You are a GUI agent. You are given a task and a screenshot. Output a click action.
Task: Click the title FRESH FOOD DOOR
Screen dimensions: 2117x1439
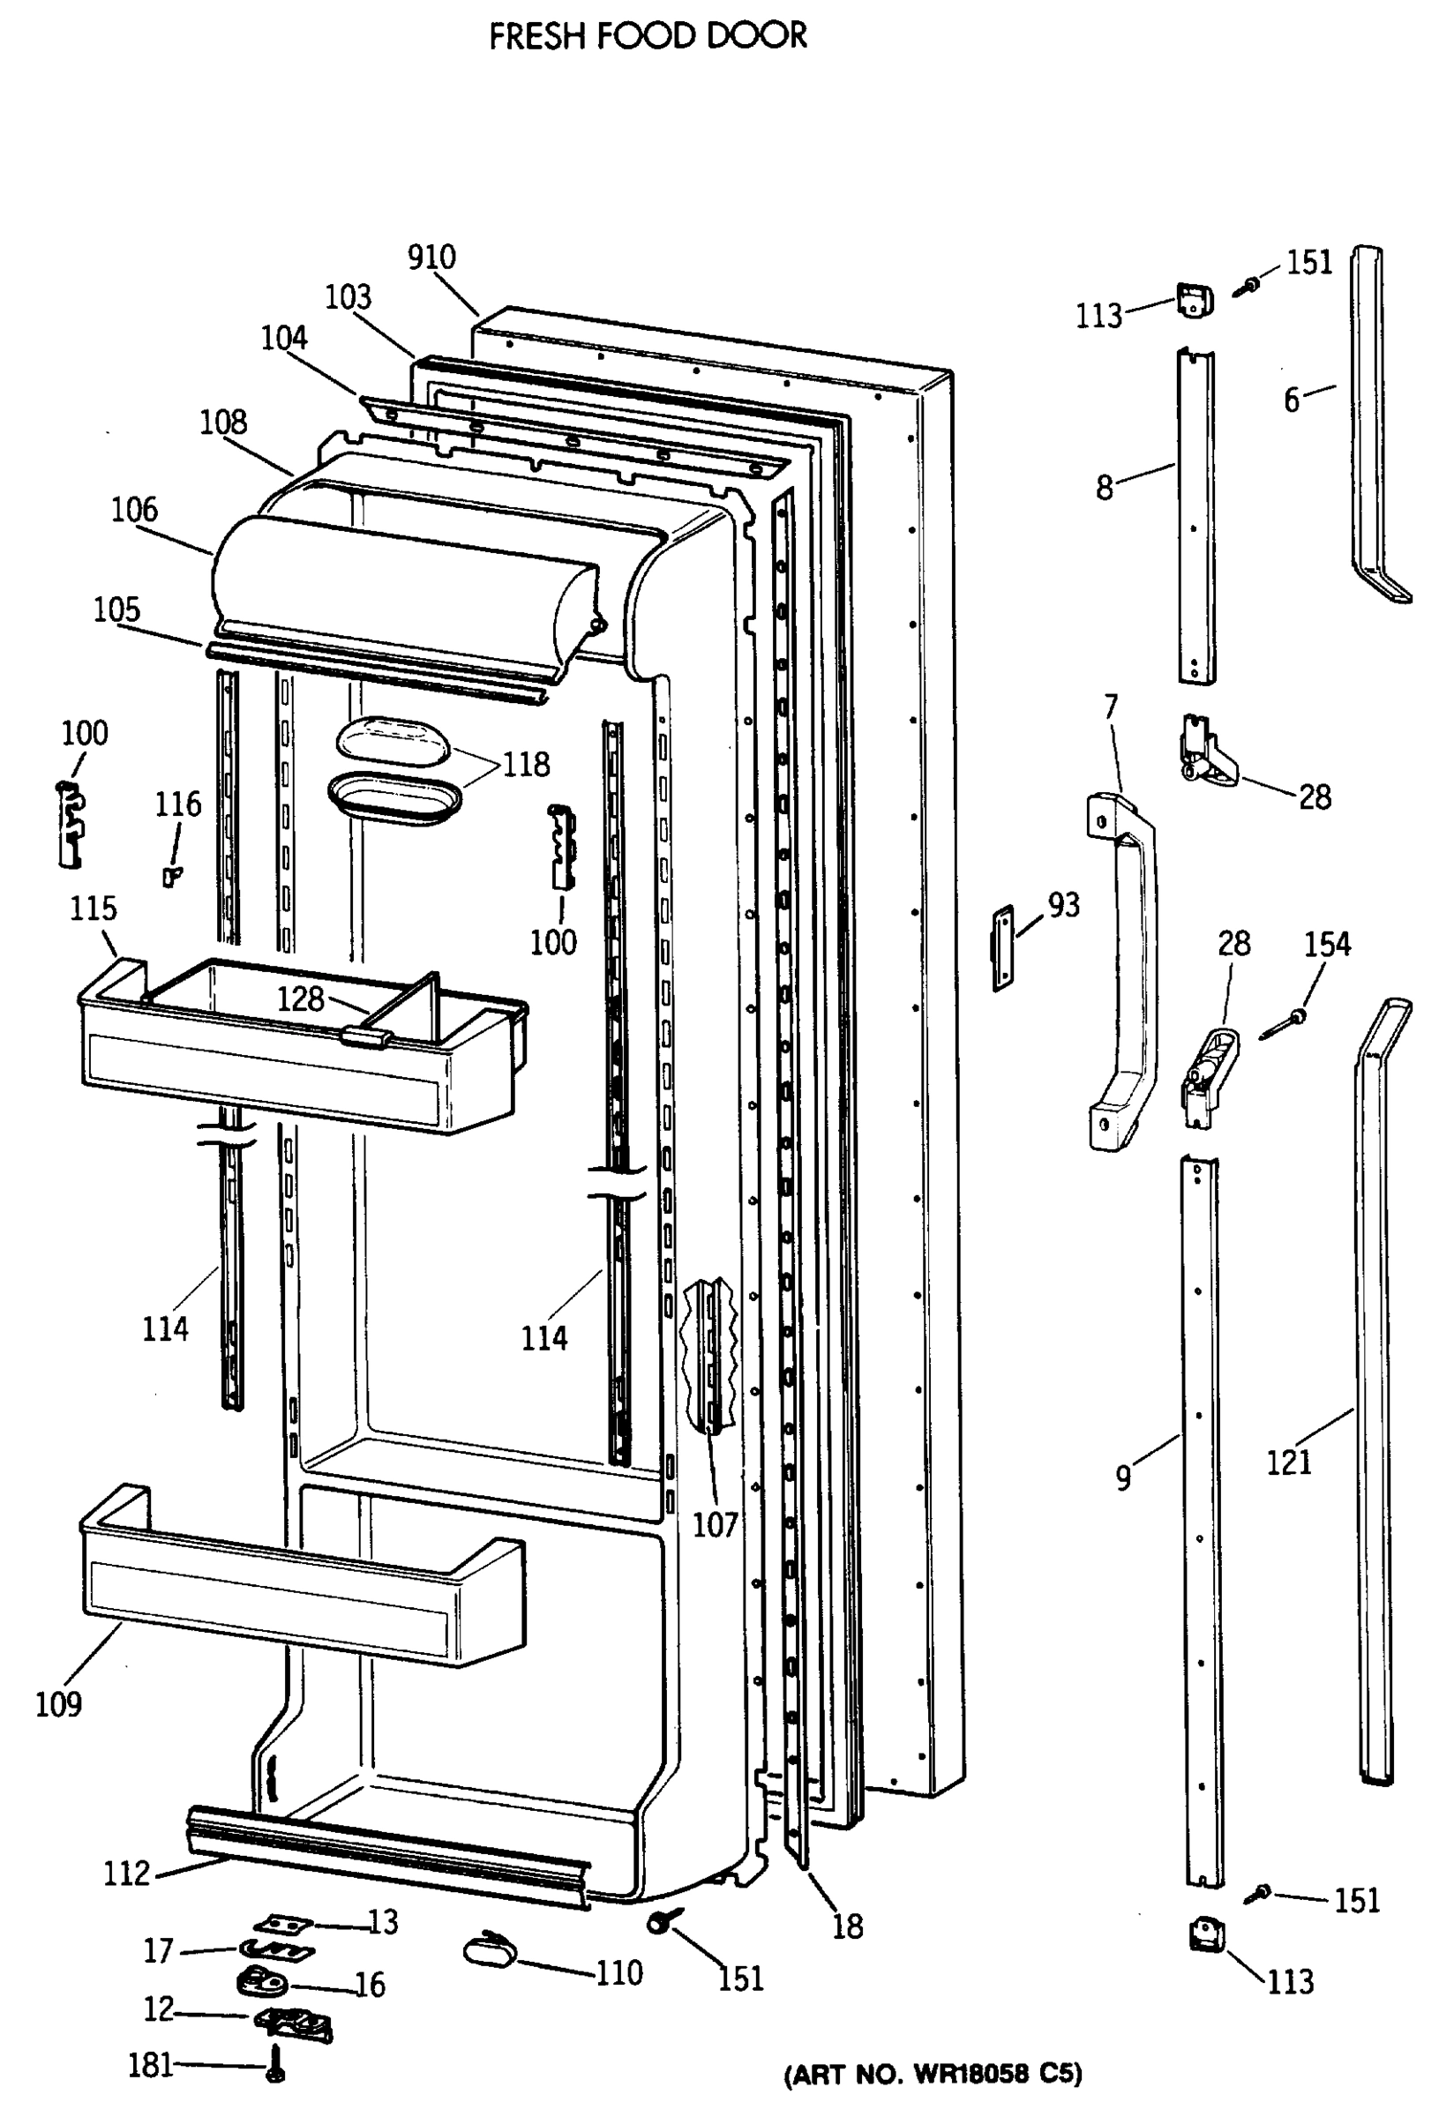648,36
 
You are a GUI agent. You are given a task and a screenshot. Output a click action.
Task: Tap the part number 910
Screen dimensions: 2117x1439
431,258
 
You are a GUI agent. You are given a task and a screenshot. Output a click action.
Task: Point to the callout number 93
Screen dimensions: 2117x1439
1062,906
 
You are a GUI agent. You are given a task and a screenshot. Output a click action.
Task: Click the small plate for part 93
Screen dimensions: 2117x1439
1002,948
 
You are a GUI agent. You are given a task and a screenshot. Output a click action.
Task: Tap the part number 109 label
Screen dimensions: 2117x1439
59,1703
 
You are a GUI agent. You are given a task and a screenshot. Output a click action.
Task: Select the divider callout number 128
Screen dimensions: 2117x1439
301,999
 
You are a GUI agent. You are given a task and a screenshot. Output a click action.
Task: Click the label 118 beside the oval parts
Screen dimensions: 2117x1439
527,764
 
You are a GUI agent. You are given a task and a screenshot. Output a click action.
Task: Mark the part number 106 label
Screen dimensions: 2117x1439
135,510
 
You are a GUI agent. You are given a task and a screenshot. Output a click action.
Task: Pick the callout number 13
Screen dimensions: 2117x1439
383,1922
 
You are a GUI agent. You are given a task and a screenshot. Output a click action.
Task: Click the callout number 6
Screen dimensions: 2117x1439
1292,400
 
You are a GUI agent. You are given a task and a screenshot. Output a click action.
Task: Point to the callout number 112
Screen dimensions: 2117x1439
127,1874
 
